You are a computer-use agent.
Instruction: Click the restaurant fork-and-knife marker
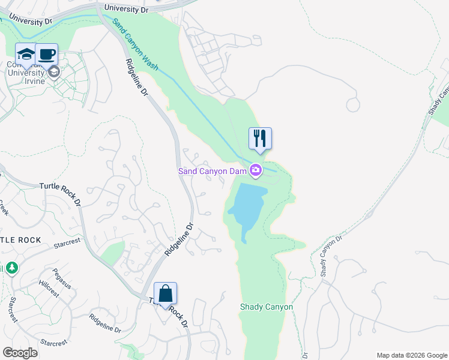(260, 138)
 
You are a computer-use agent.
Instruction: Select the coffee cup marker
(47, 55)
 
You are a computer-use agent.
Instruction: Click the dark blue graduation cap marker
(26, 55)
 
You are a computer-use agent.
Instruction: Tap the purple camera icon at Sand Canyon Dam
(256, 171)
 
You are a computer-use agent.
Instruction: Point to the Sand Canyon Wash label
(135, 44)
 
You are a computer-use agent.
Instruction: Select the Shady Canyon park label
(267, 307)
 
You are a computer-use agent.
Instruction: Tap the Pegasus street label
(62, 278)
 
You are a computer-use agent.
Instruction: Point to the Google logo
(20, 353)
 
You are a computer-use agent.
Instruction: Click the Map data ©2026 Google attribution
(411, 355)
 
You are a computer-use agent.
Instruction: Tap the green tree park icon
(10, 267)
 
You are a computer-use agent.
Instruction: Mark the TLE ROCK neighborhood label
(21, 240)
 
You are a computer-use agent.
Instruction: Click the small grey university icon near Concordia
(54, 73)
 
